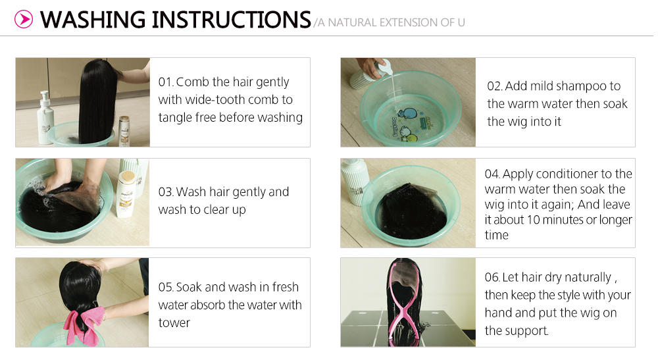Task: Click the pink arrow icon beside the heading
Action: point(24,19)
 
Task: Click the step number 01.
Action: point(165,82)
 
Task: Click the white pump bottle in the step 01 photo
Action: point(45,118)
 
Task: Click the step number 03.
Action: point(165,192)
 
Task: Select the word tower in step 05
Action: point(174,323)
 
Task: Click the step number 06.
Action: point(492,277)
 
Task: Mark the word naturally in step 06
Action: point(588,278)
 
